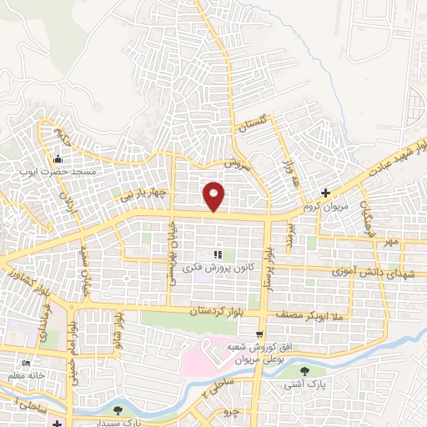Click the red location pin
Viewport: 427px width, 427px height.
coord(214,197)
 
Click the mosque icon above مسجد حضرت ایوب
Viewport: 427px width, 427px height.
coord(58,159)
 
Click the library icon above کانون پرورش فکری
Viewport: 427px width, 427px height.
coord(217,255)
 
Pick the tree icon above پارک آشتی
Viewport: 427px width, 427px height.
coord(304,372)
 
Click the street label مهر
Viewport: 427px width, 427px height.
coord(386,243)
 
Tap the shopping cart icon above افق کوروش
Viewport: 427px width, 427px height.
coord(261,334)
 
